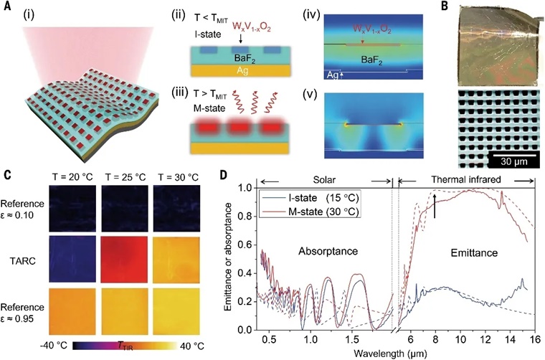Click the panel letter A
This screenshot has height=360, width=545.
(x=6, y=7)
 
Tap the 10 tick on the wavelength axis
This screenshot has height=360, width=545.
(x=465, y=336)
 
